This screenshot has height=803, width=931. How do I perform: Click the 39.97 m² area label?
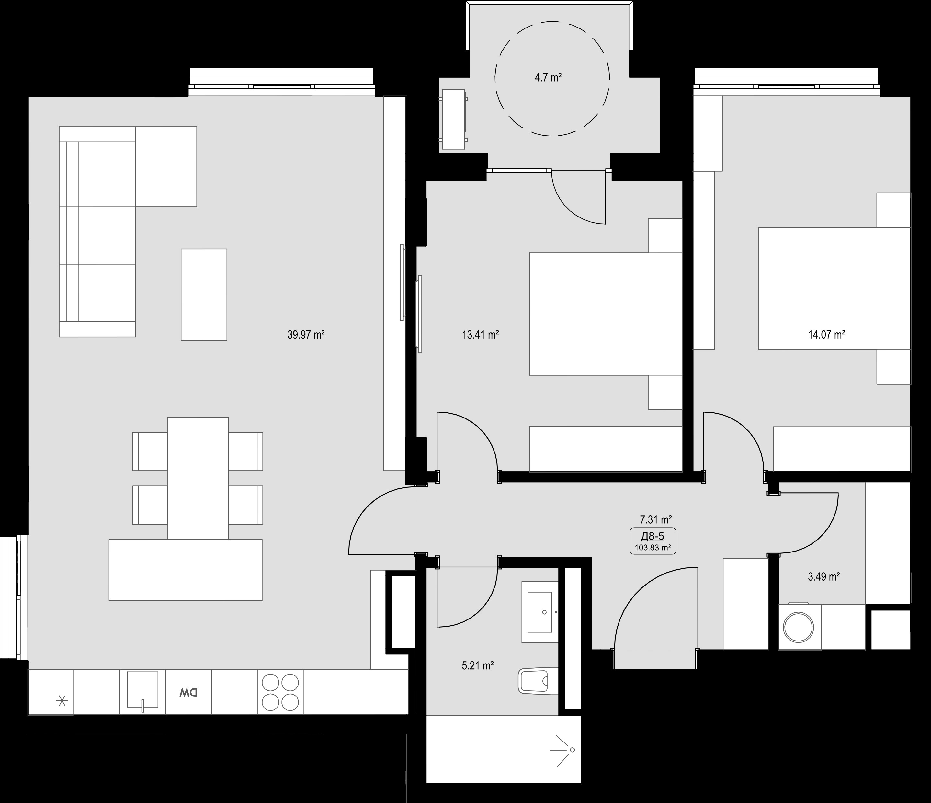click(306, 335)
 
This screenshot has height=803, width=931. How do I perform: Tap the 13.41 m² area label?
click(480, 335)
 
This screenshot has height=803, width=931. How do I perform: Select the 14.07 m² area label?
click(826, 335)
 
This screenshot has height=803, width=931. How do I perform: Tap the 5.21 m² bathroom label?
click(478, 665)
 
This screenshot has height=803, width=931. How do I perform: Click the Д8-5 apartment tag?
click(653, 536)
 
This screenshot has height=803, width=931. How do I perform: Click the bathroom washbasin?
click(539, 612)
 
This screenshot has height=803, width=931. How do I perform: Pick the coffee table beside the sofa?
click(204, 295)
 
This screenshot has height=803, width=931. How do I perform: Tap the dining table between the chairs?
click(198, 478)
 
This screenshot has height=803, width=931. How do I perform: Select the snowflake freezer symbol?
click(62, 701)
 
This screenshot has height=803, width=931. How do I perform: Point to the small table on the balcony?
click(454, 119)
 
